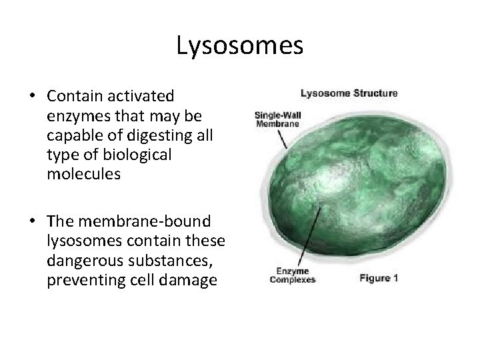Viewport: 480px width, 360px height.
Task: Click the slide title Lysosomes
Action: click(x=240, y=46)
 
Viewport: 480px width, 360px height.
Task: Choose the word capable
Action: click(x=74, y=137)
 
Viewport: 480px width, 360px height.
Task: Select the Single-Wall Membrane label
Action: click(x=277, y=119)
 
